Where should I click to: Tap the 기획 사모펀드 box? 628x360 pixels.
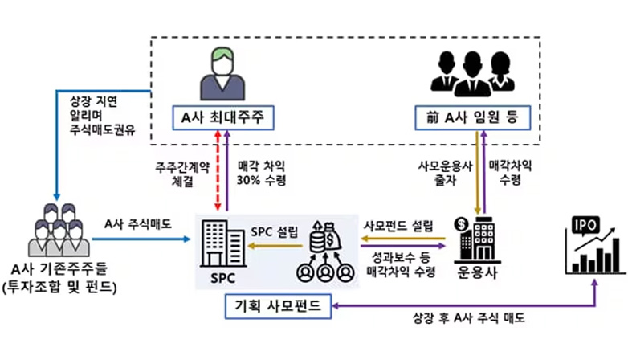click(x=279, y=305)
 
